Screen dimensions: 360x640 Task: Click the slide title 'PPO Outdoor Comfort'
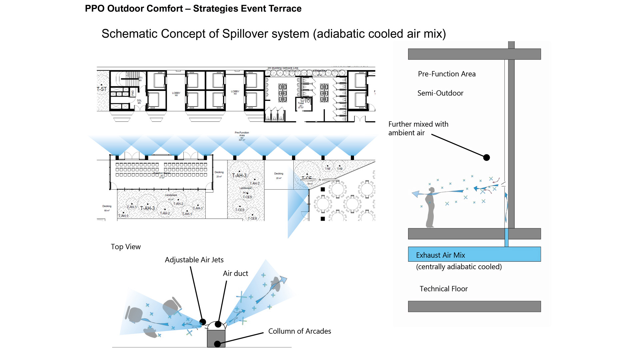point(134,9)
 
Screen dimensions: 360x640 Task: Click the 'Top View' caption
point(126,247)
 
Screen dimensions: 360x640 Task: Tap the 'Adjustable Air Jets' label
point(194,260)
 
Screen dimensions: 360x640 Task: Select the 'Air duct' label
point(235,273)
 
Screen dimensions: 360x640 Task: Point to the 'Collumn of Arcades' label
point(299,331)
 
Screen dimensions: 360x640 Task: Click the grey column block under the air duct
point(216,338)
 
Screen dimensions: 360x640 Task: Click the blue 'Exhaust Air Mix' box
point(474,254)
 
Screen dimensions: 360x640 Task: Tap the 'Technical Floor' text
point(443,289)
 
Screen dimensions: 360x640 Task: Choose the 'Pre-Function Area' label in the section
point(447,74)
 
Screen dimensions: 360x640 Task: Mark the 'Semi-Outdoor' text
point(440,93)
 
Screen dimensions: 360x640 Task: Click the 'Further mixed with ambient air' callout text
point(418,128)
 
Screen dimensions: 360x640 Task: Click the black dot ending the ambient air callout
point(486,158)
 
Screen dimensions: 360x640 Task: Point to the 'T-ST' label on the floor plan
point(102,89)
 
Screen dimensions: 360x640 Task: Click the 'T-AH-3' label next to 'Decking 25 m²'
point(239,176)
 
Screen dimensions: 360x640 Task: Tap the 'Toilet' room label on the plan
point(301,103)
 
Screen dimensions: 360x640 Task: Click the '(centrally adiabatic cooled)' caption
point(459,267)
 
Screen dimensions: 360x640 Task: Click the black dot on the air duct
point(218,324)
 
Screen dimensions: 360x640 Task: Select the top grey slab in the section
point(474,54)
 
